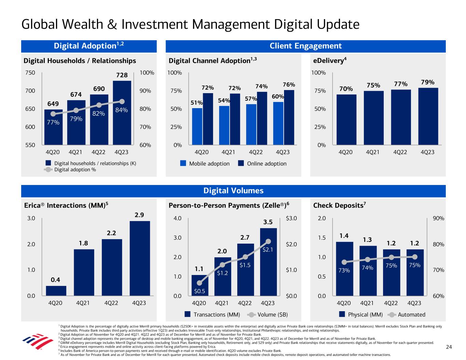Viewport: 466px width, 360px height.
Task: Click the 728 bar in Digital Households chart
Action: coord(122,113)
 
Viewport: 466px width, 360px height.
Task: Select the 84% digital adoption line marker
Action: coord(122,101)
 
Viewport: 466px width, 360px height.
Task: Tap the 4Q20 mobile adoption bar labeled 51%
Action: coord(197,126)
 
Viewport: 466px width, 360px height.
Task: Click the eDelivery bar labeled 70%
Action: coord(346,119)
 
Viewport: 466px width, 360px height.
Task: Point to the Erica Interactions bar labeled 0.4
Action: coord(56,291)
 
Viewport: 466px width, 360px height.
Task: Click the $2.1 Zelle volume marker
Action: coord(268,241)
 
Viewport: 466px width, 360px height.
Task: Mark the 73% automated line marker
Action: coord(344,262)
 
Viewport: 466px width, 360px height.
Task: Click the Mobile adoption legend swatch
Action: coord(183,163)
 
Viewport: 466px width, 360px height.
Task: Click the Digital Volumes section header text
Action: coord(234,191)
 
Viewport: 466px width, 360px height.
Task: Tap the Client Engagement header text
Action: coord(306,46)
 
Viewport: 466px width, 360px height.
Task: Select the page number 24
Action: coord(449,347)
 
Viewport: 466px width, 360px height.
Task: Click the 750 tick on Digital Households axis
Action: coord(30,73)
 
